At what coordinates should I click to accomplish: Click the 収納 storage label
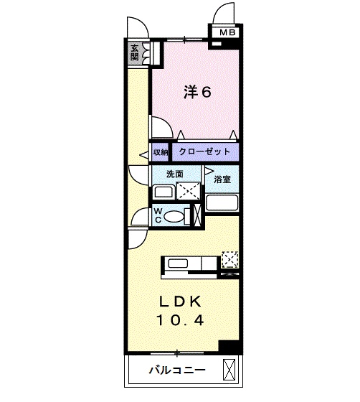coord(160,152)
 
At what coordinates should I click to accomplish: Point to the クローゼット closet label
coord(204,152)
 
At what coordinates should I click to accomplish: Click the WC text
coord(159,215)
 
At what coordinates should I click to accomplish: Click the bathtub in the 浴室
coord(222,202)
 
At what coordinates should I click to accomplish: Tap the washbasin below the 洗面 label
coord(164,192)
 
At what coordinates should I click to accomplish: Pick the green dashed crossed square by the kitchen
coord(229,258)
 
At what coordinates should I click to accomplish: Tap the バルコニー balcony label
coord(177,370)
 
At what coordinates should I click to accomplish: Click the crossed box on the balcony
coord(229,370)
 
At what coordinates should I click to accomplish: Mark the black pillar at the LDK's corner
coord(229,346)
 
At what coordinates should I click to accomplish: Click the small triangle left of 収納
coord(143,153)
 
